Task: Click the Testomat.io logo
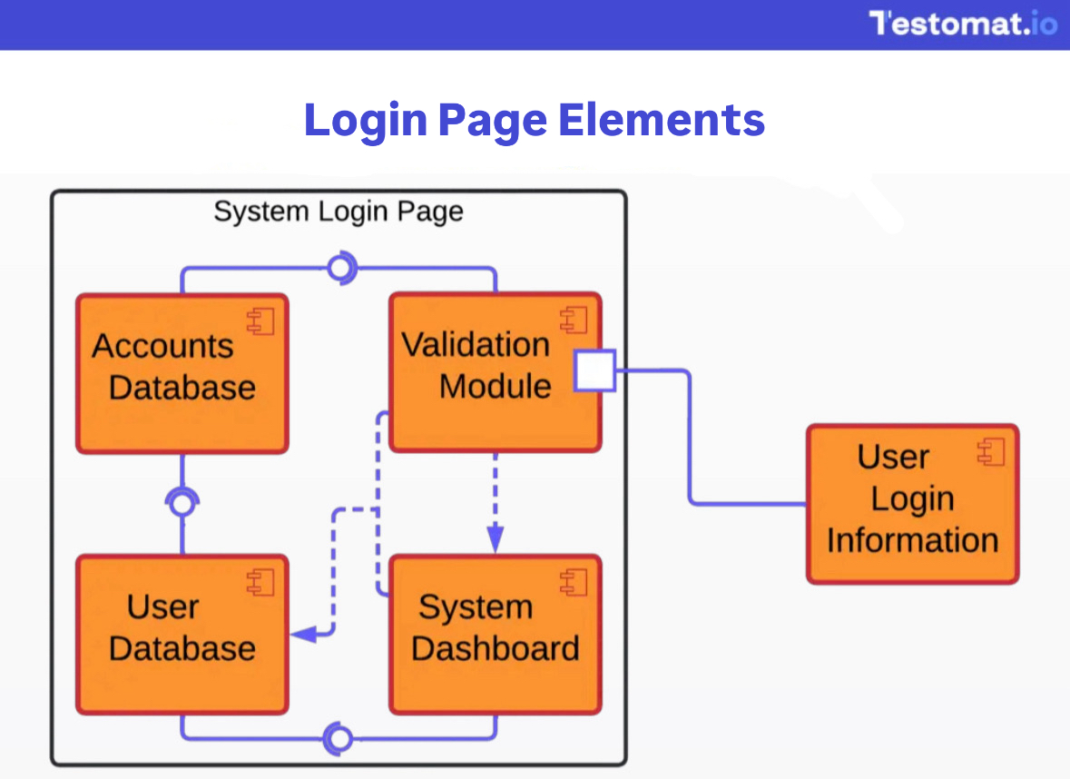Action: (x=963, y=23)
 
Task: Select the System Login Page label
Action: (x=338, y=212)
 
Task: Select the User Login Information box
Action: (x=912, y=504)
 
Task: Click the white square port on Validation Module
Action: (x=595, y=371)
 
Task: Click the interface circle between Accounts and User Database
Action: (x=182, y=503)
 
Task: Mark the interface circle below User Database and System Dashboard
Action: (x=339, y=739)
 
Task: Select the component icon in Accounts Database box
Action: (x=260, y=320)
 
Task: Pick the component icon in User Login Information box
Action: (x=991, y=451)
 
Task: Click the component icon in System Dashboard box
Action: (x=574, y=582)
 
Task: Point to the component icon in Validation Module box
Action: (x=574, y=320)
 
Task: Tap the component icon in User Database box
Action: (x=260, y=582)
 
